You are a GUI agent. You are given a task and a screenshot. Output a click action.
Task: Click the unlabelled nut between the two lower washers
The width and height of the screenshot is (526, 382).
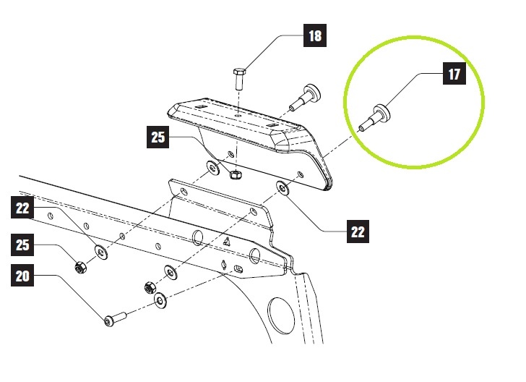coord(150,286)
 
